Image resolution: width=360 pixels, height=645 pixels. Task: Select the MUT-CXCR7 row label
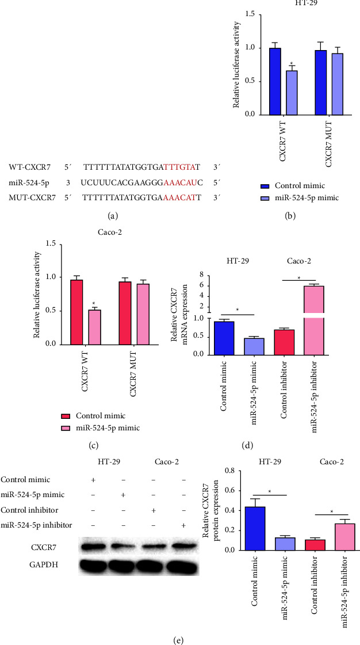[x=30, y=199]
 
